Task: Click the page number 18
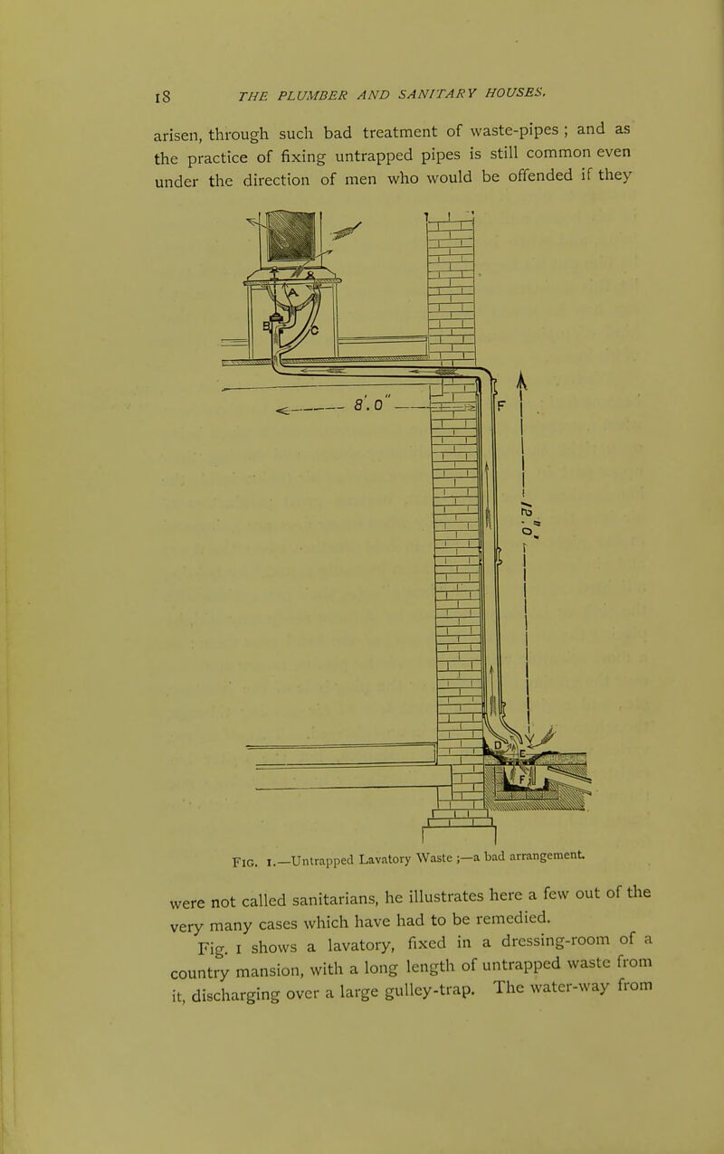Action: (x=162, y=96)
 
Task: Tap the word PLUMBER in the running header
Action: (x=313, y=95)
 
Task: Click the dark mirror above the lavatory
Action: (x=292, y=235)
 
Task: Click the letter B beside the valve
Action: (x=267, y=325)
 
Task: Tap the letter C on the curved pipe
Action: (x=314, y=330)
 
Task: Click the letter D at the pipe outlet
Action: (x=498, y=745)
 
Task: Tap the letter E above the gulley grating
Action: (x=522, y=754)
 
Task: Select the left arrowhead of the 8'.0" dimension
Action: (x=282, y=411)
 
